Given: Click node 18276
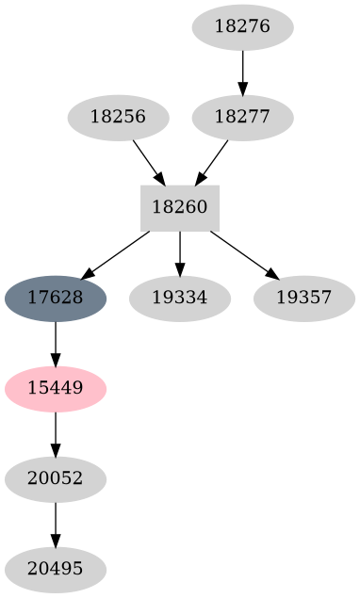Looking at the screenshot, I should tap(242, 27).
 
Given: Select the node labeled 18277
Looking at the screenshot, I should tap(242, 118).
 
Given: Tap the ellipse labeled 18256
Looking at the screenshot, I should tap(118, 118).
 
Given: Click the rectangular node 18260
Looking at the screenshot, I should tap(180, 208).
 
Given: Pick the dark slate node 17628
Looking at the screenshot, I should tap(56, 299).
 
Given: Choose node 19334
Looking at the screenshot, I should tap(179, 299).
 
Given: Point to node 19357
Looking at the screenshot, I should tap(303, 299).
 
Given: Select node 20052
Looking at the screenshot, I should tap(56, 479).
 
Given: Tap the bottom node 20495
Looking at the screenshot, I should tap(56, 570).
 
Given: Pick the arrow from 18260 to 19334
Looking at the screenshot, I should tap(180, 253).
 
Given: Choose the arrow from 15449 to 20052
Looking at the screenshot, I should tap(56, 434).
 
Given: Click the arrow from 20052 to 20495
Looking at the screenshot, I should tap(56, 525).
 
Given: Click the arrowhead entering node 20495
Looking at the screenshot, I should tap(56, 541).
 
